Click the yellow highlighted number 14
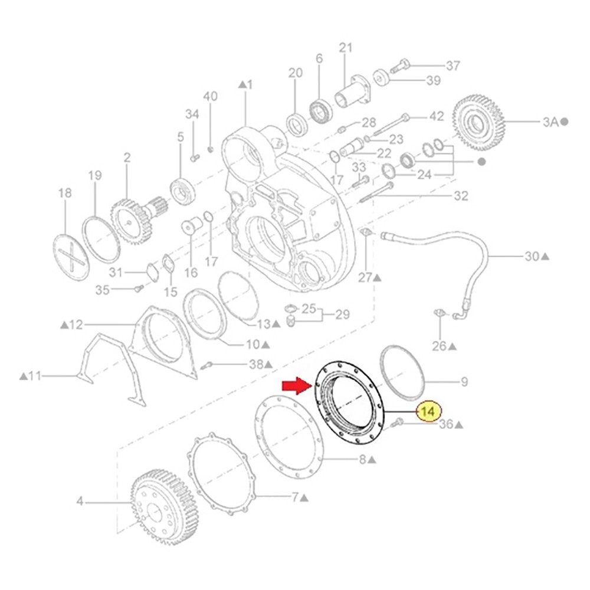pos(430,411)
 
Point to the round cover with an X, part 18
pos(71,255)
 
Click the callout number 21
pos(345,48)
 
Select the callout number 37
pos(453,66)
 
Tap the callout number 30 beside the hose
pos(532,256)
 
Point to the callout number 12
pos(76,324)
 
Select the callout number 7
pos(295,497)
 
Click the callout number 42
pos(436,117)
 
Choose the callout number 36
pos(446,424)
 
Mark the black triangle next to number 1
pos(242,85)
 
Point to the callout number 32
pos(460,195)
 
